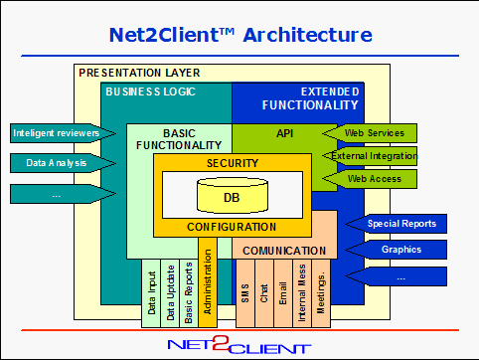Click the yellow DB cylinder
pos(233,195)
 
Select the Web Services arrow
pos(370,133)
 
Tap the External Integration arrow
pos(370,156)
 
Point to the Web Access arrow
pos(370,179)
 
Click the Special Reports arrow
pos(396,224)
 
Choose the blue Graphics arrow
pos(396,250)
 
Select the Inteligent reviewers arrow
pos(63,133)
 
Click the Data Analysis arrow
pos(63,163)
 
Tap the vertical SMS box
pos(245,293)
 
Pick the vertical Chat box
pos(264,293)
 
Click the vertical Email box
pos(283,293)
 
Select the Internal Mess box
pos(302,293)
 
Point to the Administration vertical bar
pos(208,282)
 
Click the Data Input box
pos(151,293)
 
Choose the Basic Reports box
pos(189,293)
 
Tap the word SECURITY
pos(233,163)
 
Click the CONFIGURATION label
pos(232,227)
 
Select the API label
pos(285,133)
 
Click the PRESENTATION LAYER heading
pos(139,73)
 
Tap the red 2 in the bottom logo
pos(221,343)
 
